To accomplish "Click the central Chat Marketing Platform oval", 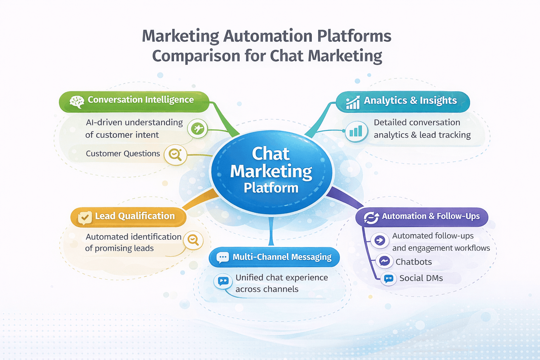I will (x=271, y=171).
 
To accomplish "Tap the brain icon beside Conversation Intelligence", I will (x=77, y=102).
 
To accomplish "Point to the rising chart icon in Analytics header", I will (x=353, y=102).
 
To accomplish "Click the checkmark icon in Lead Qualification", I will (x=85, y=217).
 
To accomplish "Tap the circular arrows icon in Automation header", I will (x=371, y=218).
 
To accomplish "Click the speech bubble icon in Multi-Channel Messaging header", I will (x=223, y=258).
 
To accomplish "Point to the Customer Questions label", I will (x=123, y=154).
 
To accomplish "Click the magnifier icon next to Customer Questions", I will (x=175, y=154).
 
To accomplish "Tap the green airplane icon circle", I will (x=198, y=129).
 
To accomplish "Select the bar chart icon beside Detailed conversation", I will (x=356, y=131).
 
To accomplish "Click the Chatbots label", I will (x=413, y=262).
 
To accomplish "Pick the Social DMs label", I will (x=421, y=278).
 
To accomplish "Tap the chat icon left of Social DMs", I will (x=388, y=279).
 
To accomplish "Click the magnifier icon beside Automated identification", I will (x=193, y=240).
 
